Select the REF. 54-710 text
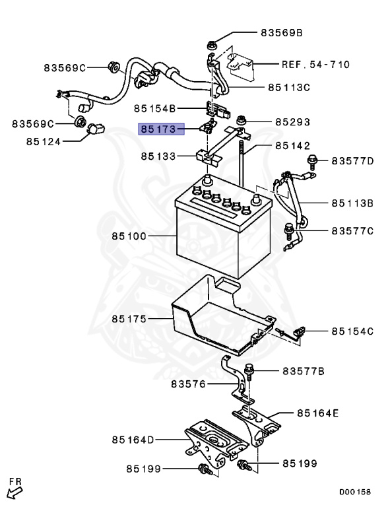pyautogui.click(x=315, y=65)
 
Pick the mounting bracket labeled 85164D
pyautogui.click(x=211, y=442)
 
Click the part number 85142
pyautogui.click(x=292, y=145)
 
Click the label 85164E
pyautogui.click(x=317, y=413)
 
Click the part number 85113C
pyautogui.click(x=289, y=86)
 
